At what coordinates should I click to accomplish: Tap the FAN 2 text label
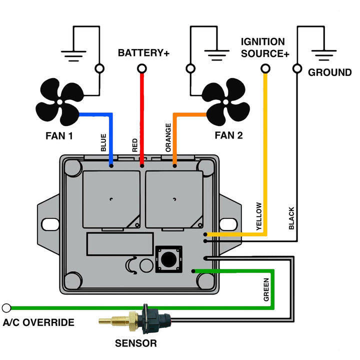(x=228, y=134)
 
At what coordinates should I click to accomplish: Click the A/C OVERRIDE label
(x=38, y=322)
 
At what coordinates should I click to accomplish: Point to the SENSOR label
(x=136, y=343)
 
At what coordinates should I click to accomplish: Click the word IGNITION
(x=262, y=42)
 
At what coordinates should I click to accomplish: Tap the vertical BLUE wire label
(x=103, y=142)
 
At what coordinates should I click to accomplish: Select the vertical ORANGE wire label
(x=168, y=137)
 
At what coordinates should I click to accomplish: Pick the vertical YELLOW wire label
(x=258, y=216)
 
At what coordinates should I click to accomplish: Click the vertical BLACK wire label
(x=291, y=218)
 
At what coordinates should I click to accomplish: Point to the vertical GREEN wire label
(x=266, y=290)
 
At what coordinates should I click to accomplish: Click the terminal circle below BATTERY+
(x=142, y=68)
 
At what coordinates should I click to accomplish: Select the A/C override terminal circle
(x=6, y=308)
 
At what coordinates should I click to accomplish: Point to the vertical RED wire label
(x=135, y=145)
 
